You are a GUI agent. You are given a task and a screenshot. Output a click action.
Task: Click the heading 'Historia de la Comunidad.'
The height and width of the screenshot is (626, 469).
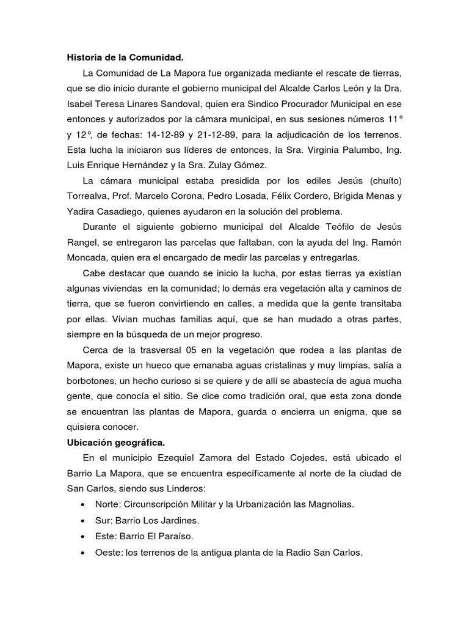125,58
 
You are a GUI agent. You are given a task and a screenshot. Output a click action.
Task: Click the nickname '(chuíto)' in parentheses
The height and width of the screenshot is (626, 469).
382,181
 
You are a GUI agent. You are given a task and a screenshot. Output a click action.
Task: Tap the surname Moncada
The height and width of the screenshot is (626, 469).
89,257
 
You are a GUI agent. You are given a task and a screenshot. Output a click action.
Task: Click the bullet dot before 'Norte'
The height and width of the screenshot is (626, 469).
82,505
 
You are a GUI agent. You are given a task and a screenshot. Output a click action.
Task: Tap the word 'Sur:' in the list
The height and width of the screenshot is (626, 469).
104,521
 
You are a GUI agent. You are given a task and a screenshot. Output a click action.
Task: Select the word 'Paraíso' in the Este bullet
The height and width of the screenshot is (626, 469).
176,537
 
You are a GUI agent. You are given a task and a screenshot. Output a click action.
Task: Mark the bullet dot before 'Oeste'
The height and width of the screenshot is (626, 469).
82,553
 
